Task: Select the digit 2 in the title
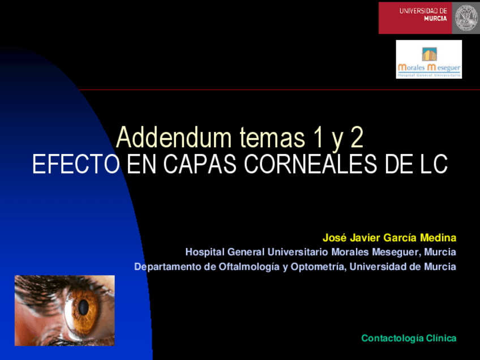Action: pyautogui.click(x=355, y=138)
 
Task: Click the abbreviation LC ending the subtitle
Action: pyautogui.click(x=432, y=165)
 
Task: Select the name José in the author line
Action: pyautogui.click(x=334, y=237)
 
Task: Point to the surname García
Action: pyautogui.click(x=400, y=237)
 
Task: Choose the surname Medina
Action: pyautogui.click(x=438, y=237)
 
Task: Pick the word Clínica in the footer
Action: pyautogui.click(x=441, y=338)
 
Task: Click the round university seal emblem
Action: pyautogui.click(x=466, y=18)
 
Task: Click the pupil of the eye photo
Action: pyautogui.click(x=83, y=307)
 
